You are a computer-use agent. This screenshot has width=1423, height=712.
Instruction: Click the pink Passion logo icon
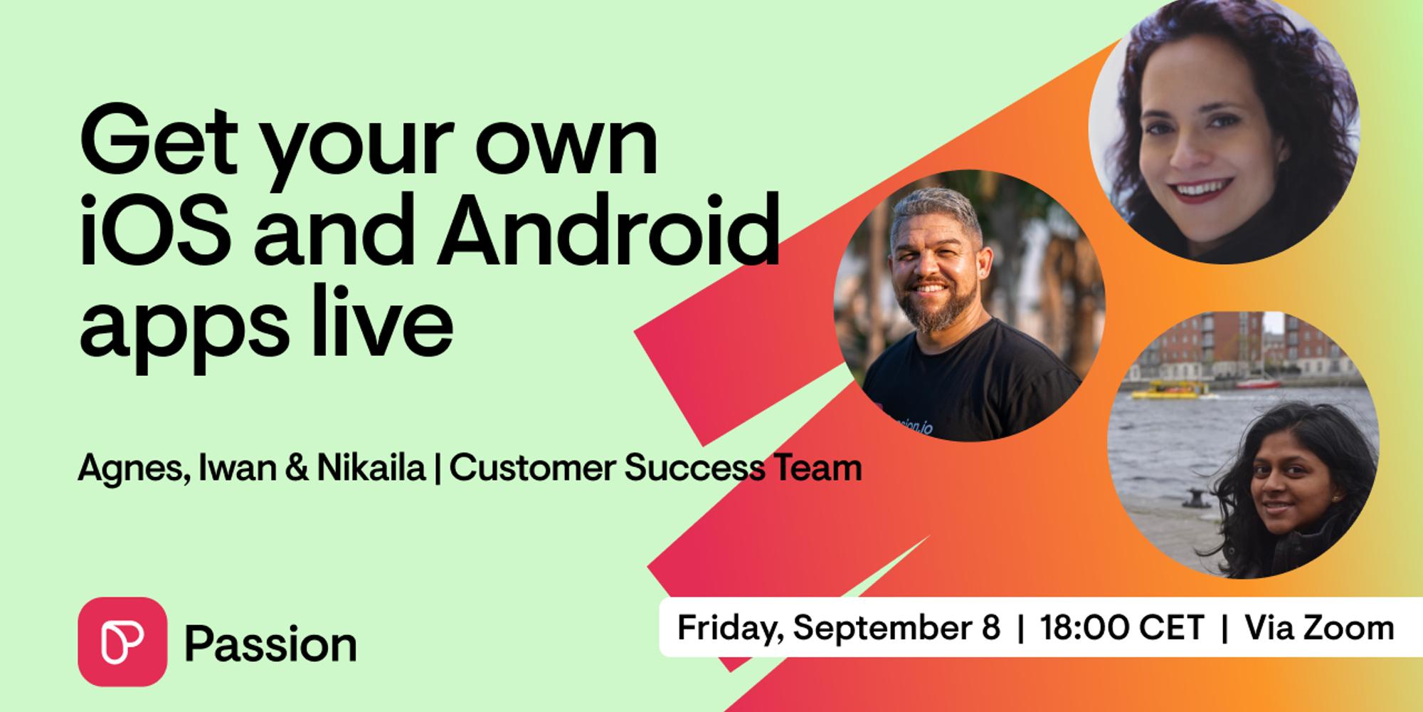(122, 642)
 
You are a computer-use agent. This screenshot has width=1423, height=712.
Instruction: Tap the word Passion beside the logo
(270, 644)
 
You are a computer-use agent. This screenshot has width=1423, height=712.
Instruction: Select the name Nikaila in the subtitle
(371, 468)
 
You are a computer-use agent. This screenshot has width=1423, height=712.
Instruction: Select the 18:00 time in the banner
(1086, 628)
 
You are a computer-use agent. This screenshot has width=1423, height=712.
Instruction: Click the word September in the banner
(896, 629)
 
